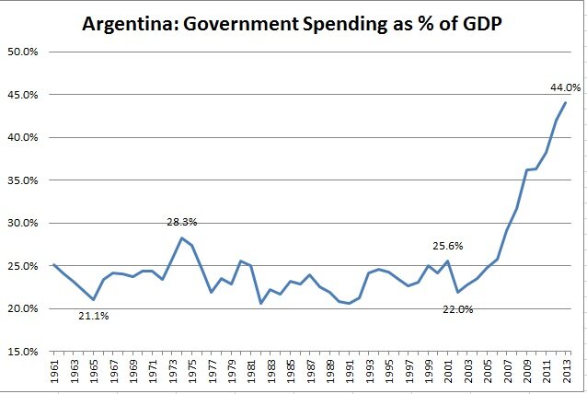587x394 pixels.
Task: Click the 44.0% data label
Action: point(564,87)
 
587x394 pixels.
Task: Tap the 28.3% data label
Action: point(182,222)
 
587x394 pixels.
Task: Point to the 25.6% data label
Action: point(448,246)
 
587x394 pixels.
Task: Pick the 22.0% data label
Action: point(457,309)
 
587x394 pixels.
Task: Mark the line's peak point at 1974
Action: point(181,238)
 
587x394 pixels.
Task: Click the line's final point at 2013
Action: point(564,102)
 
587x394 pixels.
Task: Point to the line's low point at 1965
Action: point(93,299)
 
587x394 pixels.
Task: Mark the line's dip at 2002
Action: point(457,292)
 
